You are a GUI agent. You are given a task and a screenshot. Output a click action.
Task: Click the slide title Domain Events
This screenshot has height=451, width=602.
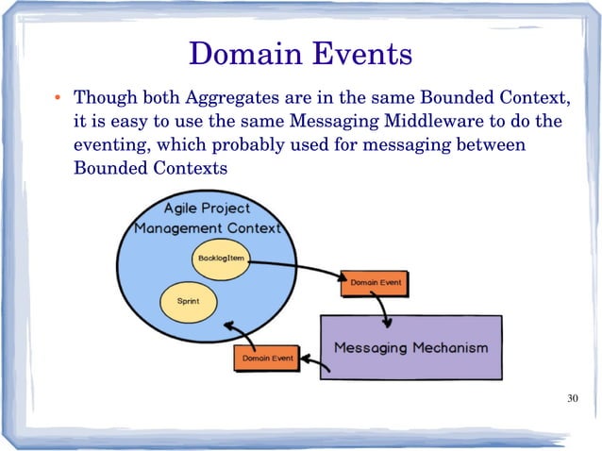[300, 53]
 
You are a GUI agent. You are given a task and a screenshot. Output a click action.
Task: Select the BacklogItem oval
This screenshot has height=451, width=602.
[222, 259]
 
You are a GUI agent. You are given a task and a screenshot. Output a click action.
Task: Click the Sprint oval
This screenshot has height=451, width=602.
[188, 301]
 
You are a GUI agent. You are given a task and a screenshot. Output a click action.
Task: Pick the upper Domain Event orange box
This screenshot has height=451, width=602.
[376, 282]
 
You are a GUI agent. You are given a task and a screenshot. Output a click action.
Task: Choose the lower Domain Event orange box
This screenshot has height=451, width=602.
[267, 359]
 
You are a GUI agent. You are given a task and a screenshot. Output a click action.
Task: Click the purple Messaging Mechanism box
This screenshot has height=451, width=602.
[411, 347]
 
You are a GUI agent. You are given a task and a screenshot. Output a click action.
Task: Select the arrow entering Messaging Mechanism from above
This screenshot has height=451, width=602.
[379, 307]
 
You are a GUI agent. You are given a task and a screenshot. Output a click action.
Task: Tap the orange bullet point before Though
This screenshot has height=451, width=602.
[57, 99]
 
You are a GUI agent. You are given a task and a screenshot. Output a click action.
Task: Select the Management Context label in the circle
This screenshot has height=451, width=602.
[208, 229]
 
